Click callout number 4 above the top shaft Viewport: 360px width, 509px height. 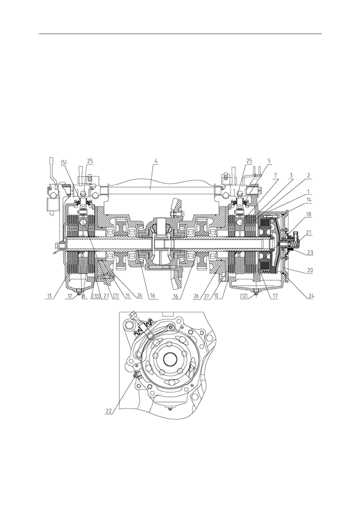(x=156, y=162)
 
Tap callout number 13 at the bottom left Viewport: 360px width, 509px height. (x=49, y=296)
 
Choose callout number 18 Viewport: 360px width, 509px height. (x=308, y=224)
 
